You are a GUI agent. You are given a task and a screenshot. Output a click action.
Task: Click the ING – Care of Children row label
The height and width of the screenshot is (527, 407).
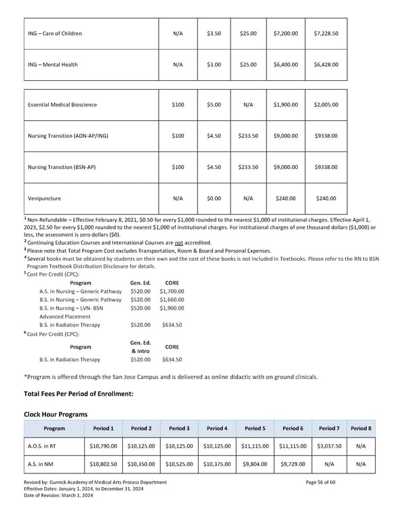[56, 32]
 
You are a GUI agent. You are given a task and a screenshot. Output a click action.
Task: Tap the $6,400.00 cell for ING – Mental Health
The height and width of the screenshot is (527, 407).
[286, 65]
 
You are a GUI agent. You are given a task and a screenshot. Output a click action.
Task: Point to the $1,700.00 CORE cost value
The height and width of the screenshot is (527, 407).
[172, 291]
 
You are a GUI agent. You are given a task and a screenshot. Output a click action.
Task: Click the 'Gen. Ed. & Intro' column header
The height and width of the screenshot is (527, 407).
[142, 346]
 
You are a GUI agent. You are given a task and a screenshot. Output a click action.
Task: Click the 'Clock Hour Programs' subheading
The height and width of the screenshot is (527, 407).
[56, 414]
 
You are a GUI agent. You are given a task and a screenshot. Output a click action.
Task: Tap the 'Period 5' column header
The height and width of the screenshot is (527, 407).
[255, 429]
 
